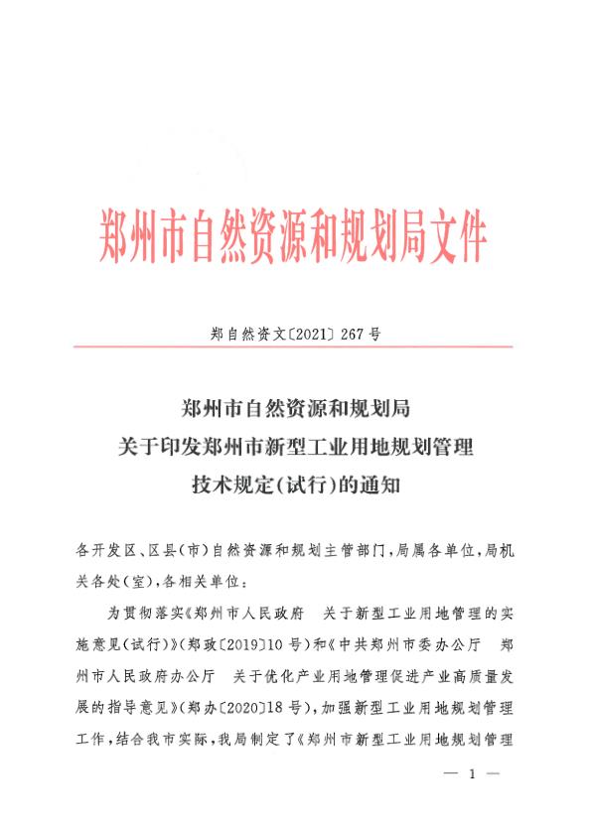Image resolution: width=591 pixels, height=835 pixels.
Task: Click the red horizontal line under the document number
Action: pos(295,347)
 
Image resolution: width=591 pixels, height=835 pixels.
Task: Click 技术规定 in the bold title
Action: pos(223,486)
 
